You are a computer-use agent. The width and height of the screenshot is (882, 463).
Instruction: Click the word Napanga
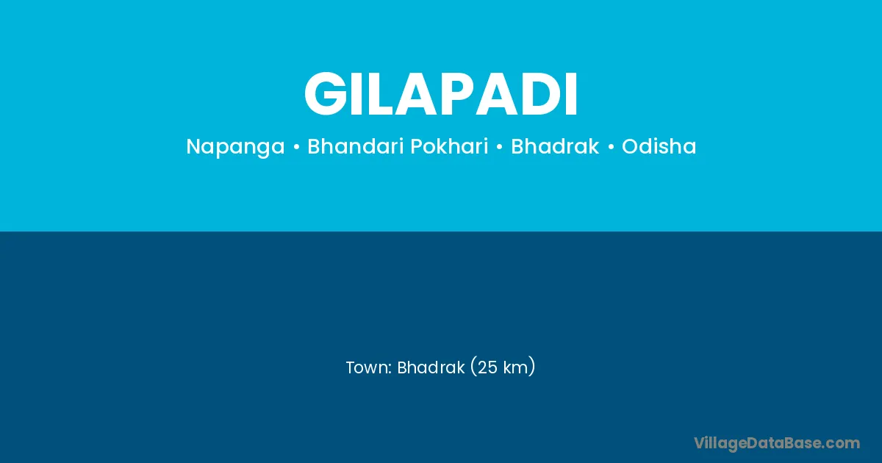tap(235, 147)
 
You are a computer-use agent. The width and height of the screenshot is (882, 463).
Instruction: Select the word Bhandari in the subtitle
tap(356, 146)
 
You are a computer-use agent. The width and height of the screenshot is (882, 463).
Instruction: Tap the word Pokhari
tap(449, 146)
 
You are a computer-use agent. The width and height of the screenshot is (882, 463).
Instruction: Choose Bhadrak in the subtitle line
tap(555, 146)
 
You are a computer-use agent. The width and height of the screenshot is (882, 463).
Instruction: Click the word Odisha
tap(659, 146)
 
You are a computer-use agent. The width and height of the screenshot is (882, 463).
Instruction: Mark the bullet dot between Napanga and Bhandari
tap(296, 147)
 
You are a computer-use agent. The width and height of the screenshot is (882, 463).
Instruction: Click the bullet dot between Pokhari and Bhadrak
tap(500, 147)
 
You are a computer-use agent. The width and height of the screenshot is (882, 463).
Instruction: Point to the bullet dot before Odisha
tap(611, 147)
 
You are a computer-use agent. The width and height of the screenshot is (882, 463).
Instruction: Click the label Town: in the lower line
tap(368, 367)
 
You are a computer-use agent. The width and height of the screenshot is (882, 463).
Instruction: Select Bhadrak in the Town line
tap(431, 367)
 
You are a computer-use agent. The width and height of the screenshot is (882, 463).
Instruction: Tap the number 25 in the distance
tap(487, 367)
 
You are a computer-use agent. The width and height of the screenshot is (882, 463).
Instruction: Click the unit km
tap(515, 367)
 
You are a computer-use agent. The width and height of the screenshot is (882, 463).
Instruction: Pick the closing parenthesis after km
tap(531, 367)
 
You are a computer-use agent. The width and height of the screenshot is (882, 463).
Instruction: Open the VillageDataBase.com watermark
tap(777, 444)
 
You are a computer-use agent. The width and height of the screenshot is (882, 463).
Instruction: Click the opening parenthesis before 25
tap(473, 367)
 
